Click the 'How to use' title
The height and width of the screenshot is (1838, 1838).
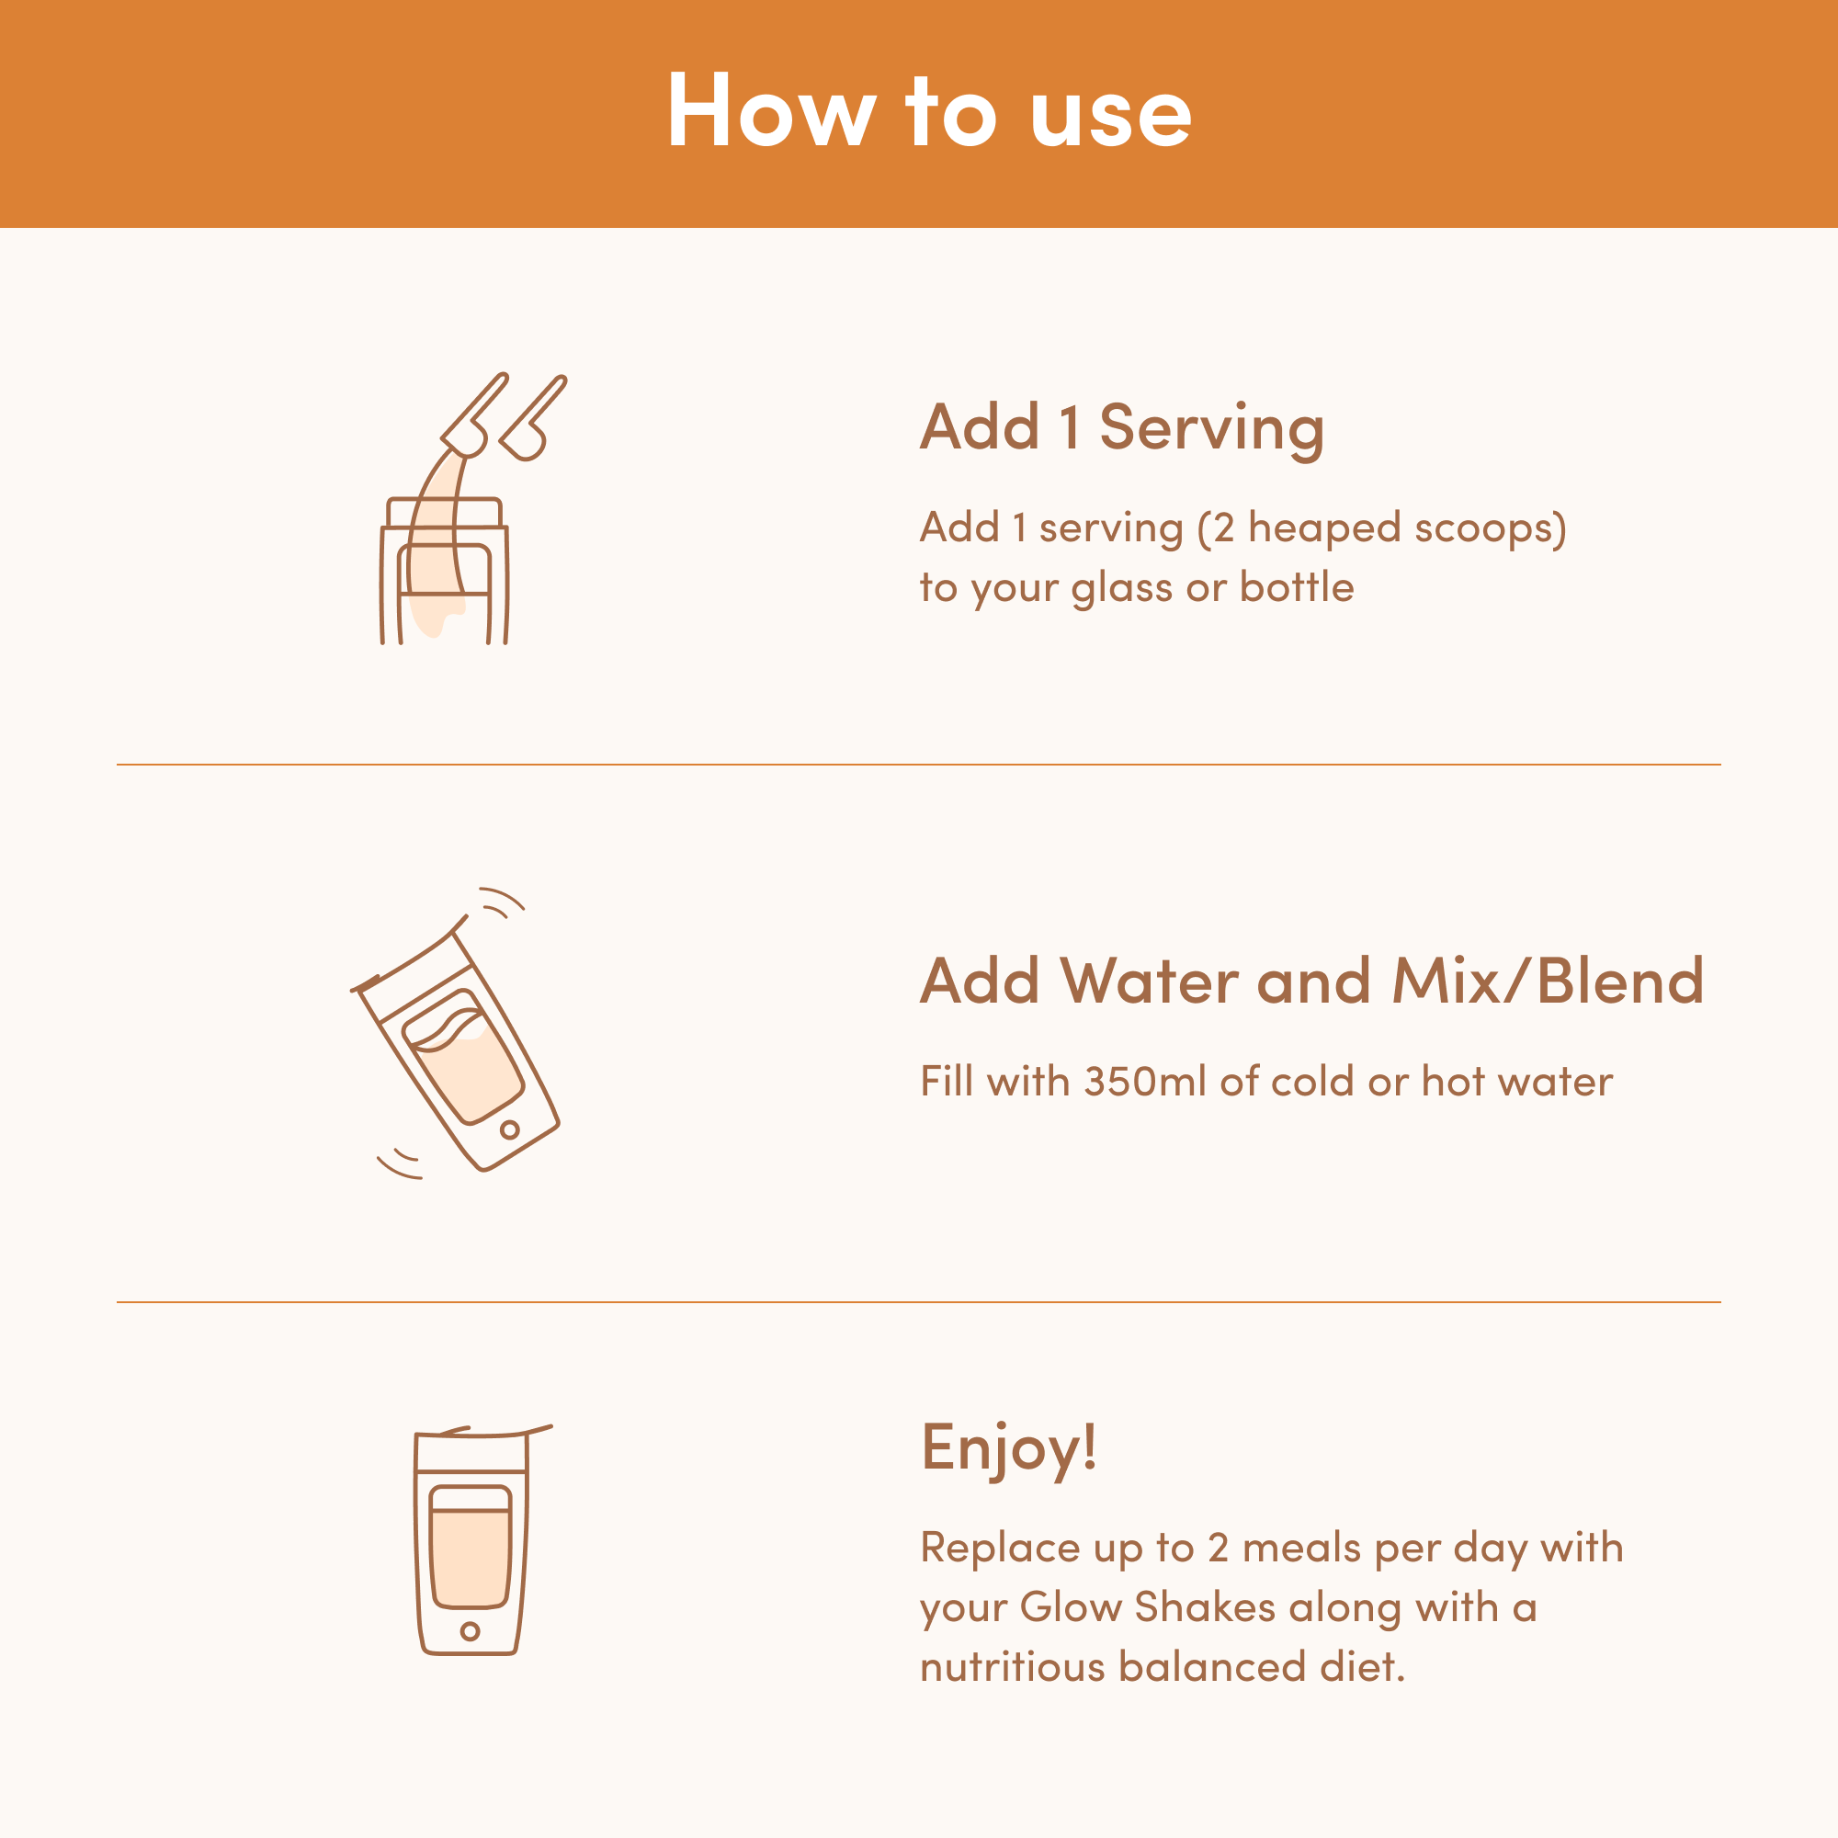(x=928, y=110)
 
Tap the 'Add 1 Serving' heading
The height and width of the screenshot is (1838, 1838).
(x=1121, y=428)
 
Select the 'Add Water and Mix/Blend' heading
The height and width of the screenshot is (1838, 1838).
(x=1312, y=981)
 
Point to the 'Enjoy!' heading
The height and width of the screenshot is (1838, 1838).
(x=1008, y=1449)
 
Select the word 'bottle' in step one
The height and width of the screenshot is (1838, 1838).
(x=1297, y=587)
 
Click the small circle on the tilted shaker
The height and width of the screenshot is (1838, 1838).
(x=510, y=1129)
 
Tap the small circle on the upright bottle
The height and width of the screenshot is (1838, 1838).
(x=470, y=1630)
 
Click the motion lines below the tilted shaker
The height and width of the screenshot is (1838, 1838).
(x=400, y=1164)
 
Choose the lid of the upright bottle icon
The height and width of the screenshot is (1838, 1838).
(x=471, y=1452)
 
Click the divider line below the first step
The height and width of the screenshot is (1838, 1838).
(x=919, y=764)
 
